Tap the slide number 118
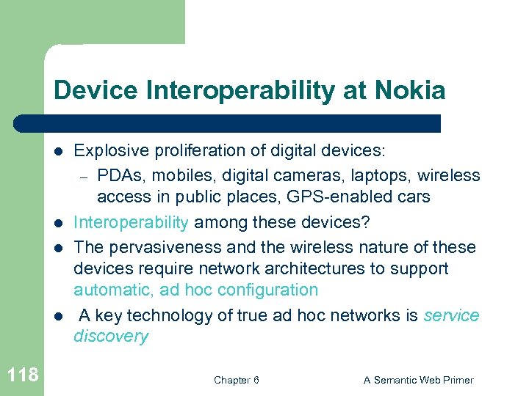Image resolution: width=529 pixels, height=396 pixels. pyautogui.click(x=22, y=376)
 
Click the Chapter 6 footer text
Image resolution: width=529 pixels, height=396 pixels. pyautogui.click(x=236, y=380)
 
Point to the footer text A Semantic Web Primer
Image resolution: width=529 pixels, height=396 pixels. pyautogui.click(x=419, y=380)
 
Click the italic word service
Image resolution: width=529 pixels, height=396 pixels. pyautogui.click(x=451, y=315)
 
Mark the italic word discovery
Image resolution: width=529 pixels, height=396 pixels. pyautogui.click(x=111, y=337)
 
